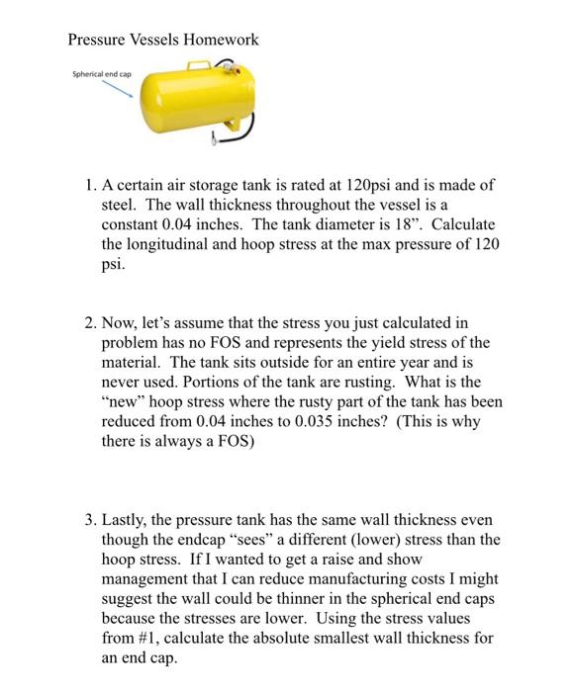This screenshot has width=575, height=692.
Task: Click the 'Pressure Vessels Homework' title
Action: pos(163,40)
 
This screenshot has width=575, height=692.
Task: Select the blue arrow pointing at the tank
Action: pos(117,90)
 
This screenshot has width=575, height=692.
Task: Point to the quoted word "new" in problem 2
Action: pos(126,402)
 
